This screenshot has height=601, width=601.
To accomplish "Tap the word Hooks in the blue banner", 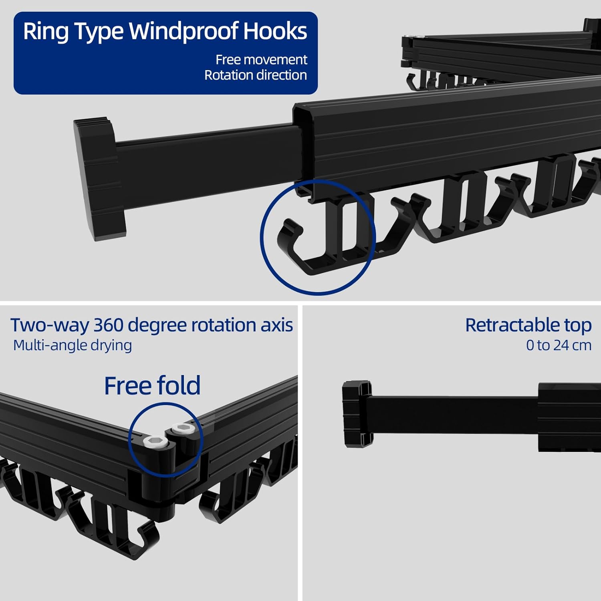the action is click(x=275, y=31).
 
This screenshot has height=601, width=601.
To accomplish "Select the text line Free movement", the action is click(x=261, y=60).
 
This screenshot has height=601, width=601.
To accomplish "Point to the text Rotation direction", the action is click(x=256, y=75).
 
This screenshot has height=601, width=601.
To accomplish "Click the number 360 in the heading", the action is click(x=108, y=325).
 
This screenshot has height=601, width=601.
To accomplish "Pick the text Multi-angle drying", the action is click(x=73, y=345).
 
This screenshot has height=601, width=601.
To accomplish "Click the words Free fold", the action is click(x=152, y=385).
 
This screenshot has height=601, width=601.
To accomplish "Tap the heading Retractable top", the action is click(x=528, y=325).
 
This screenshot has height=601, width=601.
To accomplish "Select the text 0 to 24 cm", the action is click(x=559, y=345).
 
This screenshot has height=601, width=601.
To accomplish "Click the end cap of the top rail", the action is click(x=99, y=179).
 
